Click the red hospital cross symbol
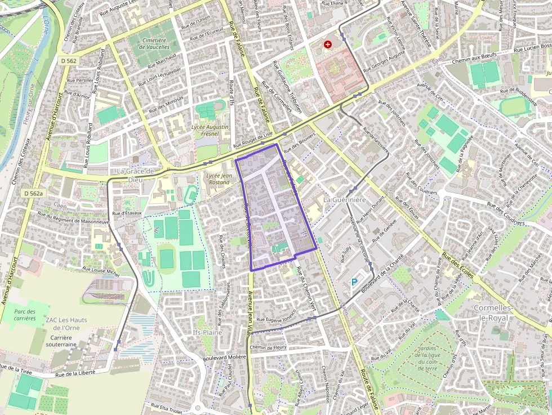point(328,44)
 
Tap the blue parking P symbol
point(354,282)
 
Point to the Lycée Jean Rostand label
point(219,179)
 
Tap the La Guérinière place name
point(344,200)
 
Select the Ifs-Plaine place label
point(208,333)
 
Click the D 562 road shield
point(67,61)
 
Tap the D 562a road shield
point(34,193)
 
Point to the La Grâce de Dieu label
point(135,175)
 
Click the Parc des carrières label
point(25,315)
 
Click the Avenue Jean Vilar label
point(250,315)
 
